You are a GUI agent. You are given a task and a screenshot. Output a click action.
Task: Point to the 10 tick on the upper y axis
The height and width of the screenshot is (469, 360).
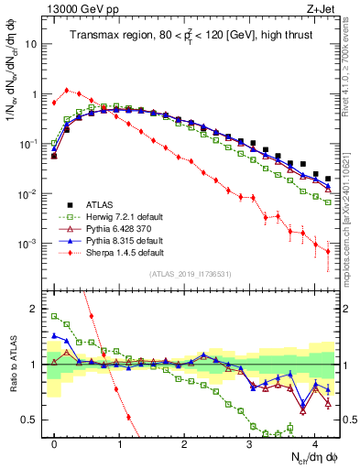pyautogui.click(x=30, y=44)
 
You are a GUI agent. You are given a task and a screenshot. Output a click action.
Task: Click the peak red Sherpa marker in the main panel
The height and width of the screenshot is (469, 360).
pyautogui.click(x=67, y=91)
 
